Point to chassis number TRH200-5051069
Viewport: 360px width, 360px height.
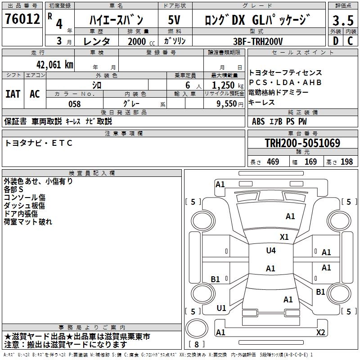coord(302,144)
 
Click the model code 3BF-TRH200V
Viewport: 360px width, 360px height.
coord(258,41)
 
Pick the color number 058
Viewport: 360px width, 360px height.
coord(74,104)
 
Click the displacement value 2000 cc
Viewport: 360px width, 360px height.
coord(140,41)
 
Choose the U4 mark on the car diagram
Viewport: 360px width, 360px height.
coord(270,251)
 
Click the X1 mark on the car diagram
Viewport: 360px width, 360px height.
coord(284,237)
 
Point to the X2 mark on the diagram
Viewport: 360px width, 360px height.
coord(321,333)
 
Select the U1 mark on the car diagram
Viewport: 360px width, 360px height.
coord(221,308)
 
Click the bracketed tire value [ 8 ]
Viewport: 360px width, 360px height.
coord(197,345)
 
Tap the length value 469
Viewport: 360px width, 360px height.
coord(272,162)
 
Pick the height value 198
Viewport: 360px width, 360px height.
coord(347,162)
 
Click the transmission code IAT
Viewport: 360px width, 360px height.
coord(13,94)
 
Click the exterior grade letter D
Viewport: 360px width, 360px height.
coord(335,41)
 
